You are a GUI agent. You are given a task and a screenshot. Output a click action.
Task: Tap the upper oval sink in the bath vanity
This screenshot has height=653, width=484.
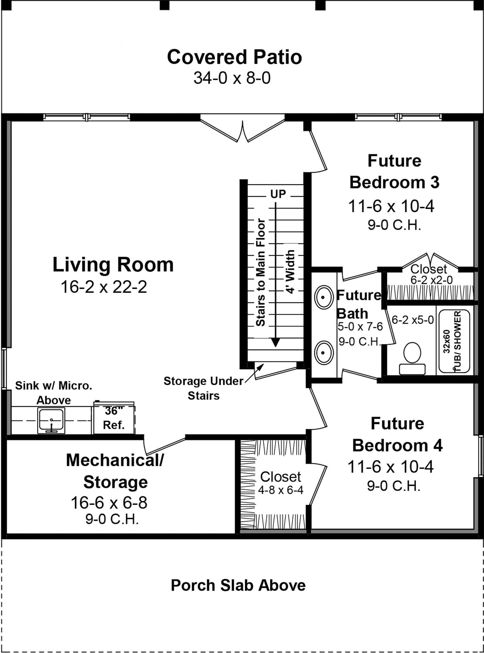(x=324, y=297)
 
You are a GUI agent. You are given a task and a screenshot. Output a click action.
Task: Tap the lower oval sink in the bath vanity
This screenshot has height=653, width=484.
(x=324, y=353)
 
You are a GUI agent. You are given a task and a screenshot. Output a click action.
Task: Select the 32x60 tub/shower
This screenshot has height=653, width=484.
(x=454, y=341)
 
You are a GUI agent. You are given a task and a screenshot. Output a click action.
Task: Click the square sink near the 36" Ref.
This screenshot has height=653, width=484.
(x=51, y=420)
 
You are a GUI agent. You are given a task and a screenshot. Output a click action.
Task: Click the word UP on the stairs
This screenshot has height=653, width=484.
(x=278, y=194)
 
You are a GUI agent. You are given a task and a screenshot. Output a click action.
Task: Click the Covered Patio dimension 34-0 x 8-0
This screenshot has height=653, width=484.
(x=232, y=78)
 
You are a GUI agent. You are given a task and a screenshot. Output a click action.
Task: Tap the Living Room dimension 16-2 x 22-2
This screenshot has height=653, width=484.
(x=104, y=287)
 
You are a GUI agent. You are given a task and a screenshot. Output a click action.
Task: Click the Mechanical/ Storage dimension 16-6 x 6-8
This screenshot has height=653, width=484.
(x=109, y=503)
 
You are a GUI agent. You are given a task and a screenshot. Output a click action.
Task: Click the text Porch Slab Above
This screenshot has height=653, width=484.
(x=238, y=585)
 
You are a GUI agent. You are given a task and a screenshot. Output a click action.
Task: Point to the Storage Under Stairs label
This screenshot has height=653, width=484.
(x=203, y=388)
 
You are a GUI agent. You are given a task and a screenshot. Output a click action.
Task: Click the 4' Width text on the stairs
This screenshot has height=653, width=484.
(x=290, y=272)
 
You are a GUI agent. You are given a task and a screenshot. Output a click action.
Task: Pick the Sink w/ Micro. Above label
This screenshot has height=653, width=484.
(x=54, y=393)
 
